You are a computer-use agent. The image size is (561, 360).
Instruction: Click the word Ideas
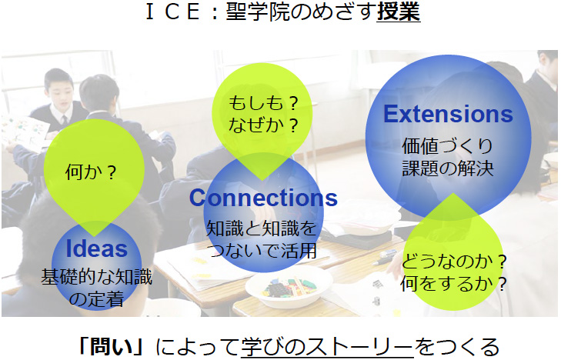click(97, 248)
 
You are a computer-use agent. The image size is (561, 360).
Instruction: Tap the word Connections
click(263, 198)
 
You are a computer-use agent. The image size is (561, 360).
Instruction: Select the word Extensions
click(449, 114)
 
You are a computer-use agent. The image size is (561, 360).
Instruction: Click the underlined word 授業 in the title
click(399, 11)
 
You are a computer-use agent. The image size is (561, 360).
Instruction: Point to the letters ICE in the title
click(173, 11)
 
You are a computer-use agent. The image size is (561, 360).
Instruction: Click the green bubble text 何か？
click(92, 172)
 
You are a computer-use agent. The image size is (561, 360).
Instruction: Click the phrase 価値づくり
click(448, 146)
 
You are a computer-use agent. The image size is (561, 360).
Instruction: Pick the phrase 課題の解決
click(448, 168)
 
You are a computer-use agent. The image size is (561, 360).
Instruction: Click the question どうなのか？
click(454, 262)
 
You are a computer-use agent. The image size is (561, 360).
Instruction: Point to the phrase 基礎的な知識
click(97, 277)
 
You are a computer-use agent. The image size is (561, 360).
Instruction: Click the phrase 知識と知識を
click(262, 228)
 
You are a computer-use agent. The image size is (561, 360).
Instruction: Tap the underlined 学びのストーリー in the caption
click(327, 346)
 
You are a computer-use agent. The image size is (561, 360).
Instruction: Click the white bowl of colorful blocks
click(289, 286)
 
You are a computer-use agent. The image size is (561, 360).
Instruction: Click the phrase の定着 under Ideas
click(97, 299)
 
